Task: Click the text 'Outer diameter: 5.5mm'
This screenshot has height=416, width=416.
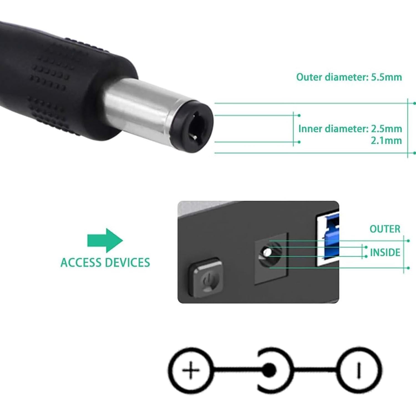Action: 349,77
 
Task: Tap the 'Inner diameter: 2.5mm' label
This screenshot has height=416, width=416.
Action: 350,129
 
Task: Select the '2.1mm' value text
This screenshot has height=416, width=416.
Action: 386,141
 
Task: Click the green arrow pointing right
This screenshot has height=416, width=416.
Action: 105,240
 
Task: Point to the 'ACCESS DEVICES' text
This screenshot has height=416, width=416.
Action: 105,262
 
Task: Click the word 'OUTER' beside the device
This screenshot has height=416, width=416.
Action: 385,229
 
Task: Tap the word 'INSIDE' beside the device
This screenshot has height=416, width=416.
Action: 385,253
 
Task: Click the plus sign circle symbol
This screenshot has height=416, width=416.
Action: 191,370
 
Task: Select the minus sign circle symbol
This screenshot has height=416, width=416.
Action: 360,370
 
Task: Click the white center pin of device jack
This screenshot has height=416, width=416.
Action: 267,252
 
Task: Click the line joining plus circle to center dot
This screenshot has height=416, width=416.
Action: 236,370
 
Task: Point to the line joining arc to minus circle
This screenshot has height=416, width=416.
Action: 316,370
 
